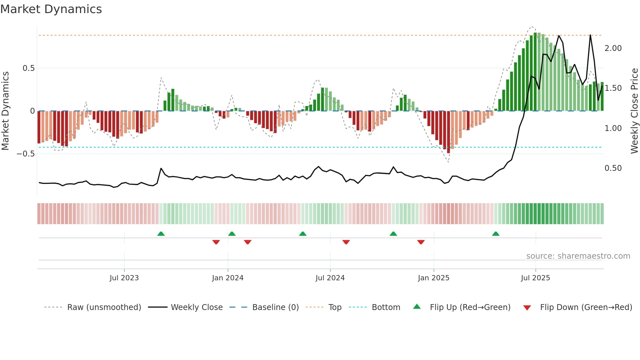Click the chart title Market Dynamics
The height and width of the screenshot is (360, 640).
[x=51, y=9]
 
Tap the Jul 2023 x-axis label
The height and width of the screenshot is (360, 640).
[x=124, y=278]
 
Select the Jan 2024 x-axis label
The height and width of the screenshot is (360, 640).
[x=228, y=278]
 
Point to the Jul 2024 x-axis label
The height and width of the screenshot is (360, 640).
[x=330, y=278]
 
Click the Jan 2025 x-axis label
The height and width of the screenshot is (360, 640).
[x=434, y=278]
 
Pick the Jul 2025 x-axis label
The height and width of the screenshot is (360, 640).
[x=536, y=278]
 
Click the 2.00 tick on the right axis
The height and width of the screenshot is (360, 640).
[x=613, y=48]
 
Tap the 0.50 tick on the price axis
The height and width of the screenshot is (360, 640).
[x=613, y=168]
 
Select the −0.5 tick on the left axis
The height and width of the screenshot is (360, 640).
[x=25, y=154]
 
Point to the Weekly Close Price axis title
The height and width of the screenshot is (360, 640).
[x=634, y=111]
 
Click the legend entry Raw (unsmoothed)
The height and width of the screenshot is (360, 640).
[x=104, y=307]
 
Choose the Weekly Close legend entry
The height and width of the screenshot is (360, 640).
[x=197, y=307]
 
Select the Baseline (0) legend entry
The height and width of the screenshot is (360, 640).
[x=275, y=307]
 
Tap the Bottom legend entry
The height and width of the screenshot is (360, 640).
[x=386, y=307]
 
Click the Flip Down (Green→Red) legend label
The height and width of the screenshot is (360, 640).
[x=586, y=307]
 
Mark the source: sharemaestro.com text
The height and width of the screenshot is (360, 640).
[x=578, y=256]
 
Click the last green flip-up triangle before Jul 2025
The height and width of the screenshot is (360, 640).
[x=496, y=234]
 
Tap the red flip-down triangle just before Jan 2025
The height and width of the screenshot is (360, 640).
[x=421, y=242]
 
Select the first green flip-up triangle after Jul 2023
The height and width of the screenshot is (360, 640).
[x=161, y=234]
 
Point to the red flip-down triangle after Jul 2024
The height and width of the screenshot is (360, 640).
[x=346, y=242]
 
